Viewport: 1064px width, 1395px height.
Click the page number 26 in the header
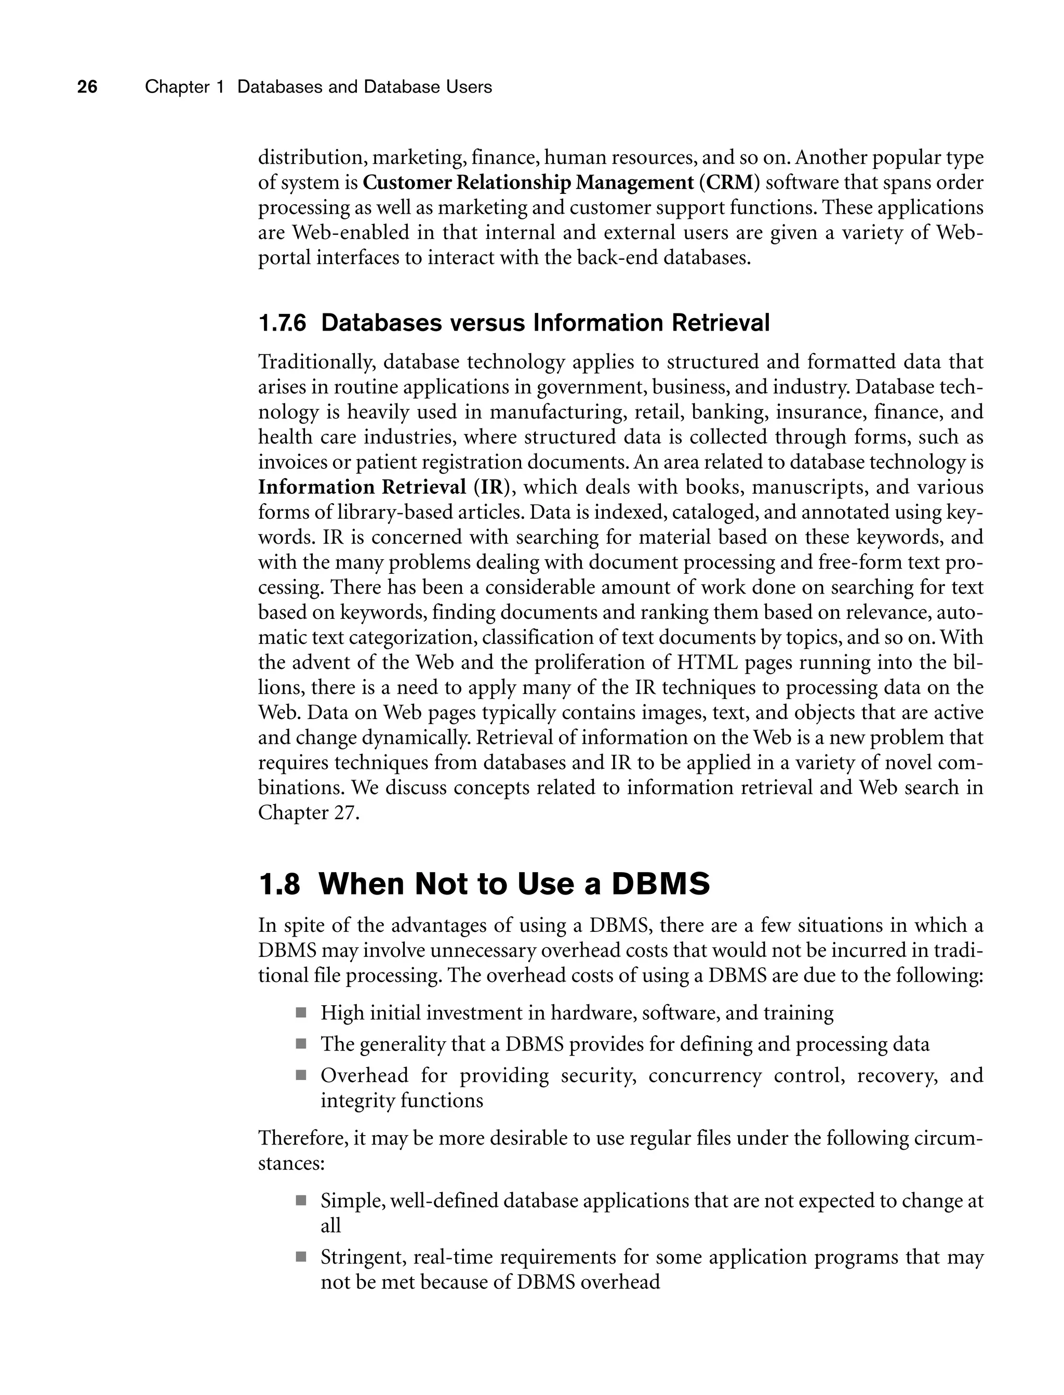(x=87, y=87)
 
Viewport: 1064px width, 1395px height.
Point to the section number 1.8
(x=280, y=884)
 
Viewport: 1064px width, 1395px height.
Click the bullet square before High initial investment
(x=301, y=1013)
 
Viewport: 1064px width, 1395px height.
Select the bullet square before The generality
(x=301, y=1044)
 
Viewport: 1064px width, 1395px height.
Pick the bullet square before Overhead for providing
(x=301, y=1075)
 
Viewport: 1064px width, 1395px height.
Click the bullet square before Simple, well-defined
(x=301, y=1201)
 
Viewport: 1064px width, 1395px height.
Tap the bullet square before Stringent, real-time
(x=301, y=1256)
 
